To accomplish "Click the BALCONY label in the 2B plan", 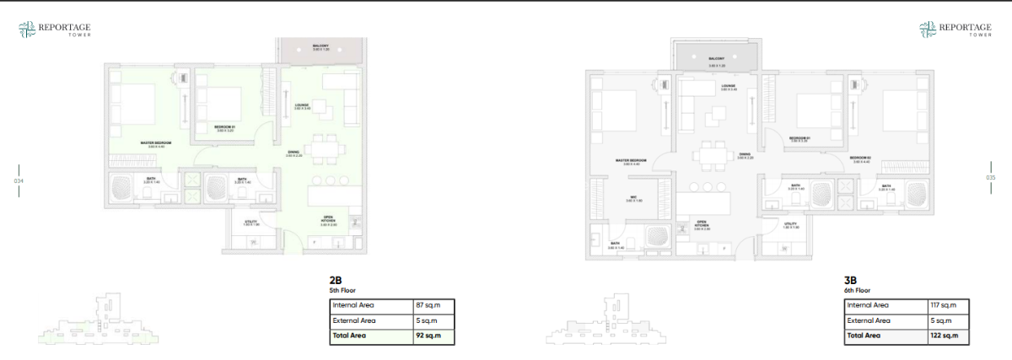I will coord(320,47).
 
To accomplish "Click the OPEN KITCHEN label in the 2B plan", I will coord(328,222).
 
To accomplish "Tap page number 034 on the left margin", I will coord(19,180).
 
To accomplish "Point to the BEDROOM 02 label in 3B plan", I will coord(859,159).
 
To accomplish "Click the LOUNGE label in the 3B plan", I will coord(729,87).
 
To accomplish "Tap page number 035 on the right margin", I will coord(991,177).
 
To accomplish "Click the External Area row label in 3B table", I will coord(868,320).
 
